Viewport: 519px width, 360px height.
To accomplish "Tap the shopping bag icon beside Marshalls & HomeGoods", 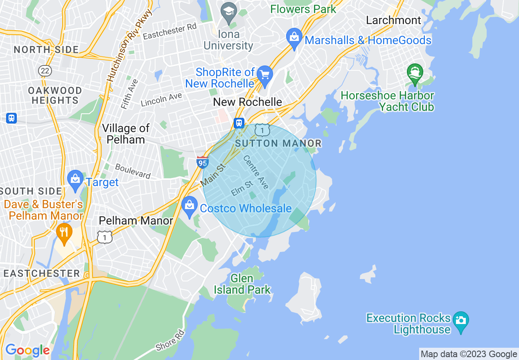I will click(294, 38).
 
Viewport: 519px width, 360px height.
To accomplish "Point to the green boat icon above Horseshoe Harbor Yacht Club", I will click(415, 74).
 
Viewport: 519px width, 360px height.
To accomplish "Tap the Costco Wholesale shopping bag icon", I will click(189, 206).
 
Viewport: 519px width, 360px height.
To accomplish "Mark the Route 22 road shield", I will click(45, 71).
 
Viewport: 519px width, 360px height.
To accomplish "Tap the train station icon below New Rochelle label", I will click(239, 123).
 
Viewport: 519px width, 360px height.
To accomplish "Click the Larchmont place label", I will click(393, 20).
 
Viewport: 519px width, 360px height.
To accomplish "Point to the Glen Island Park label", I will click(242, 284).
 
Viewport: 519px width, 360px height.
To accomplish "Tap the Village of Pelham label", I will click(126, 134).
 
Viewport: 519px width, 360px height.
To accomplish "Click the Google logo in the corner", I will click(27, 350).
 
